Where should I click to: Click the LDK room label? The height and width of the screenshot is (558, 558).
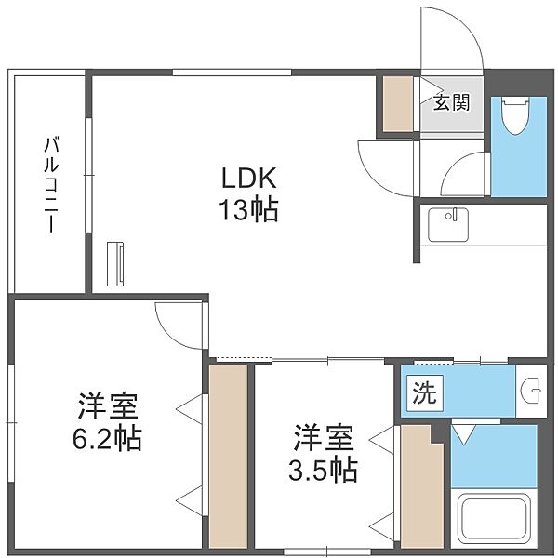click(249, 178)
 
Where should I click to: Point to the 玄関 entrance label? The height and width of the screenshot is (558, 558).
click(451, 102)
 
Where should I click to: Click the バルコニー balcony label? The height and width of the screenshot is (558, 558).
click(51, 184)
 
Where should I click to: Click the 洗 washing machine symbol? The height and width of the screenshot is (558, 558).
click(425, 393)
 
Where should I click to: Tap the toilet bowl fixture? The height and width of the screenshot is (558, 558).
click(515, 115)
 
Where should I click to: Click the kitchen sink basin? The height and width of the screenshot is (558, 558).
click(448, 225)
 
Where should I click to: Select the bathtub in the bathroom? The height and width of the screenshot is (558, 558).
click(494, 520)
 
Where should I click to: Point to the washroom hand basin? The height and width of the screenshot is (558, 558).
click(531, 391)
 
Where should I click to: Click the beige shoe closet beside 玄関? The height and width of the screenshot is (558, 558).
click(398, 103)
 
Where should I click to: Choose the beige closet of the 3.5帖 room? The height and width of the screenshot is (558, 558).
click(421, 486)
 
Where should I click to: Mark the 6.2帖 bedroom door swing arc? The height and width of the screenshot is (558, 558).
click(171, 334)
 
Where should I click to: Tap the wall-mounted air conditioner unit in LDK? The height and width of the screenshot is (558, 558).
click(115, 264)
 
